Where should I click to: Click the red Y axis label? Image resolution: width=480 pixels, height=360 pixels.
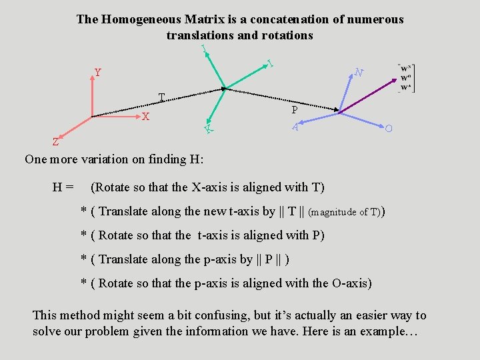pyautogui.click(x=98, y=72)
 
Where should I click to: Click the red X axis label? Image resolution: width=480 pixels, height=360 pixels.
pyautogui.click(x=145, y=117)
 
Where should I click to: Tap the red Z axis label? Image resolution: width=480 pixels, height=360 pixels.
pyautogui.click(x=56, y=141)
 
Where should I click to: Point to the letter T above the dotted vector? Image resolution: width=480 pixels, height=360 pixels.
pyautogui.click(x=161, y=98)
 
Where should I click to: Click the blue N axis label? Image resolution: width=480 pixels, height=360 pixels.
pyautogui.click(x=359, y=72)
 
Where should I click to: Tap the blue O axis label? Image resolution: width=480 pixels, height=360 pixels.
pyautogui.click(x=388, y=127)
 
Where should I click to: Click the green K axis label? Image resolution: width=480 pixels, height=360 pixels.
pyautogui.click(x=209, y=127)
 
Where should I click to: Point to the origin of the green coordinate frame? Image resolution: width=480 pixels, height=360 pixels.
pyautogui.click(x=224, y=87)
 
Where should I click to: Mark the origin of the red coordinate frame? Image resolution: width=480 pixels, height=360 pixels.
pyautogui.click(x=91, y=117)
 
